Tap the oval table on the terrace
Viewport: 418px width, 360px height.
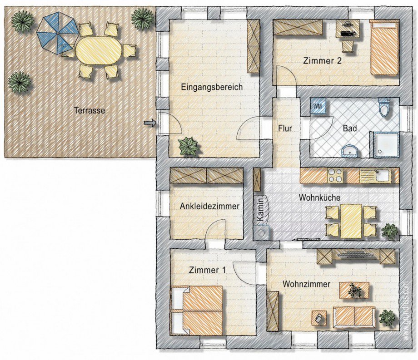(99, 49)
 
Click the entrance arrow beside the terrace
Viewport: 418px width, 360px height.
(149, 123)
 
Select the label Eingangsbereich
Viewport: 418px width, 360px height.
(212, 87)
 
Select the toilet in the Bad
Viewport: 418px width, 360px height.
(384, 107)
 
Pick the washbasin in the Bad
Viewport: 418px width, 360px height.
(350, 151)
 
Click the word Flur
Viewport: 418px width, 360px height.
(285, 128)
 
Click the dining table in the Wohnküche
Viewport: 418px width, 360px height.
(351, 221)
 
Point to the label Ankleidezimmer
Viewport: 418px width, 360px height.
(209, 206)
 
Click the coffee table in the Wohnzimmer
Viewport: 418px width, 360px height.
(354, 290)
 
